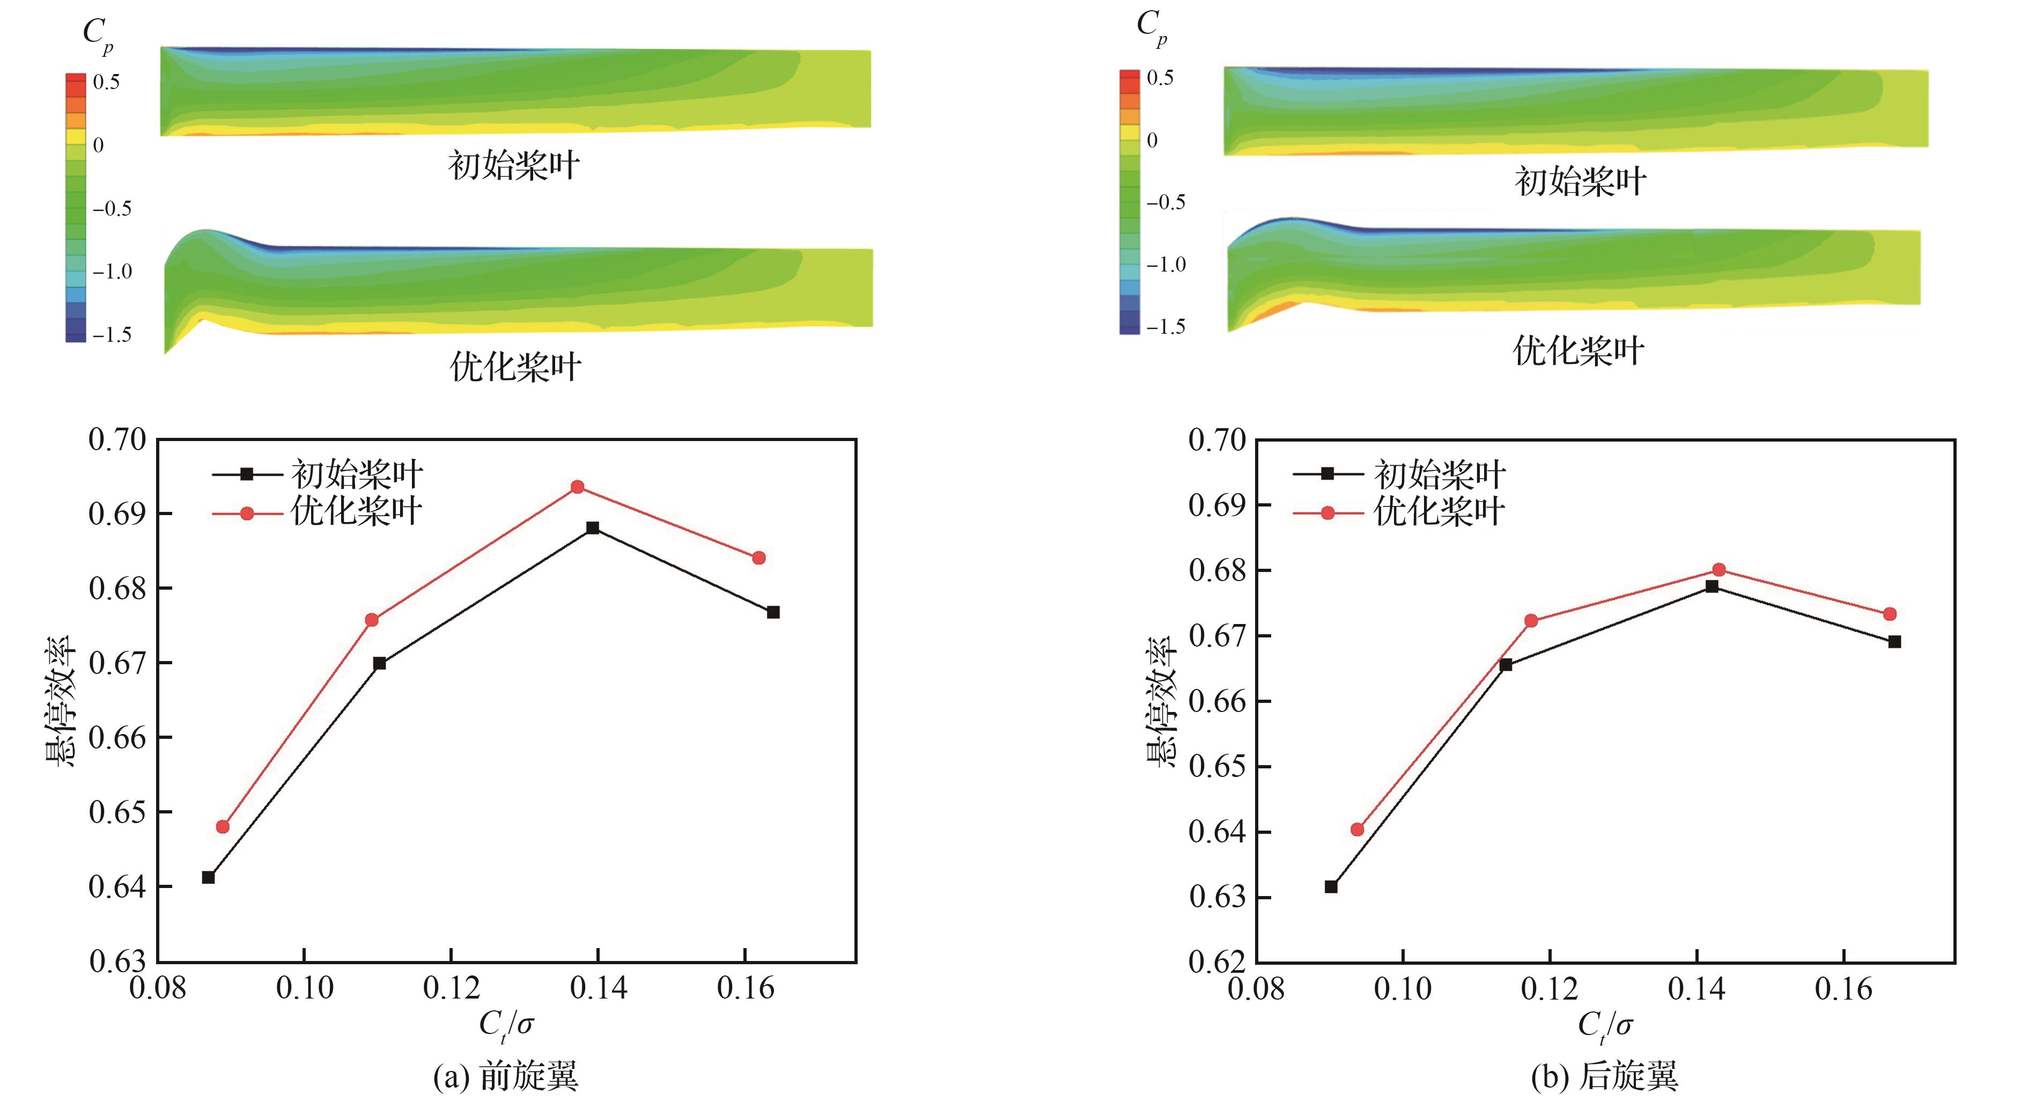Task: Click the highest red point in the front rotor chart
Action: click(578, 487)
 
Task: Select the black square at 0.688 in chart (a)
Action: click(593, 528)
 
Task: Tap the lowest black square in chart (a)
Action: click(209, 877)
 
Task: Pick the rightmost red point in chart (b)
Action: click(1890, 614)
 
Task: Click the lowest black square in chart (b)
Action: click(1331, 887)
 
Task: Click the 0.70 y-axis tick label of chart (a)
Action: click(117, 440)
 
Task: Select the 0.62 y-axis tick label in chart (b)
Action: click(1217, 962)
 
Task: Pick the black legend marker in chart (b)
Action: click(1327, 474)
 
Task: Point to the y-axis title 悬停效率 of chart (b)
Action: click(1160, 701)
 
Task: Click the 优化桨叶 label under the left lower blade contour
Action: click(515, 367)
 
